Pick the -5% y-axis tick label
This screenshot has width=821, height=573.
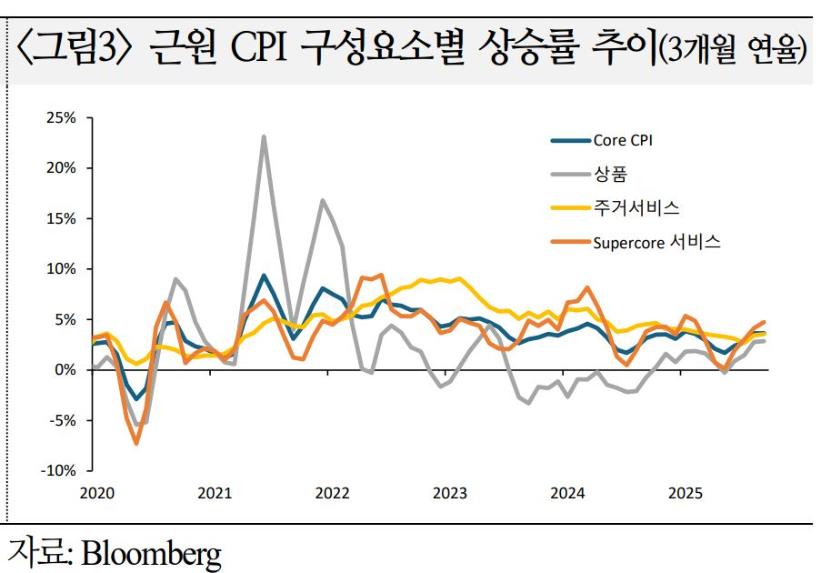(64, 420)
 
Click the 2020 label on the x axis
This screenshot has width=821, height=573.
(95, 493)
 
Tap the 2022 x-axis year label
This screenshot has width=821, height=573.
(332, 493)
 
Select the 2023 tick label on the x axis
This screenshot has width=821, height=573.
(450, 493)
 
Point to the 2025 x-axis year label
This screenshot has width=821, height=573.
(686, 493)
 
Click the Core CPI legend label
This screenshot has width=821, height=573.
(623, 140)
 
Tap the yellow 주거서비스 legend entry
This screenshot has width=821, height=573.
(636, 207)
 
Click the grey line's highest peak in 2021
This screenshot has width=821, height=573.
(264, 137)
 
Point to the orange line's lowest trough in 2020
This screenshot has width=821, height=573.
(136, 443)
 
